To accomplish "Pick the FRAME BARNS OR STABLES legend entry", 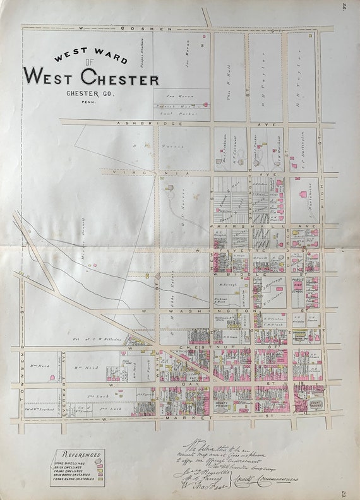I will click(75, 481).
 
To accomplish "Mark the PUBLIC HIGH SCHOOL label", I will click(297, 284).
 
